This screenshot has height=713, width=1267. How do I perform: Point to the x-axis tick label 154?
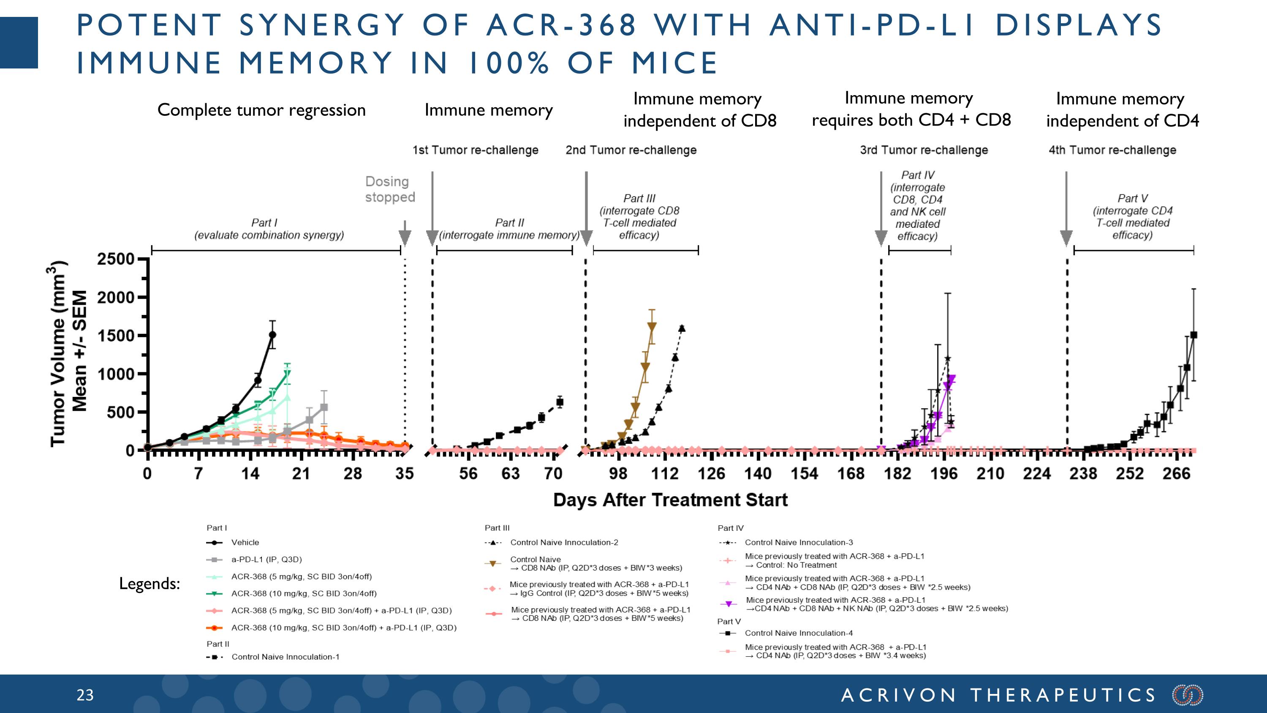(x=804, y=473)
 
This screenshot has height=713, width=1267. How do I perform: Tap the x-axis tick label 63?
(x=511, y=473)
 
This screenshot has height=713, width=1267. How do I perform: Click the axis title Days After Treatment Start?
(x=670, y=500)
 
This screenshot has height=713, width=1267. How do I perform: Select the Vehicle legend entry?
(x=245, y=542)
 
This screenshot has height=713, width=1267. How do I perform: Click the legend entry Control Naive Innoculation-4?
(x=798, y=633)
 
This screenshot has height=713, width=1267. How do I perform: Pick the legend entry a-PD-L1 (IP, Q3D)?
(x=266, y=560)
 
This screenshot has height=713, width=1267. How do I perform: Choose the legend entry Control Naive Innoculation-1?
(x=285, y=657)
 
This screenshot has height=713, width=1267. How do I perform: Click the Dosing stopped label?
(x=389, y=189)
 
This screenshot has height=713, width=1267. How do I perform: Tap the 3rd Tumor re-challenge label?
(x=924, y=150)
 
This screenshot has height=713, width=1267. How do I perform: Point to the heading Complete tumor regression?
(x=261, y=110)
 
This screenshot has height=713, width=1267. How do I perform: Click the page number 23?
(x=85, y=695)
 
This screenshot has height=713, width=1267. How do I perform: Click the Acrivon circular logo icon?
(x=1188, y=695)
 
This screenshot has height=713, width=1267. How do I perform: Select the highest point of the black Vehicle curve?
(x=272, y=335)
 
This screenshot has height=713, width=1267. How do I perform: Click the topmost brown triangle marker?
(x=652, y=326)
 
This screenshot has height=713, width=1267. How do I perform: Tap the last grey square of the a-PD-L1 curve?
(x=324, y=407)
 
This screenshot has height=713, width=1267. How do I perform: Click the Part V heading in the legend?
(x=729, y=621)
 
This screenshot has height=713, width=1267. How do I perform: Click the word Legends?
(x=150, y=584)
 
